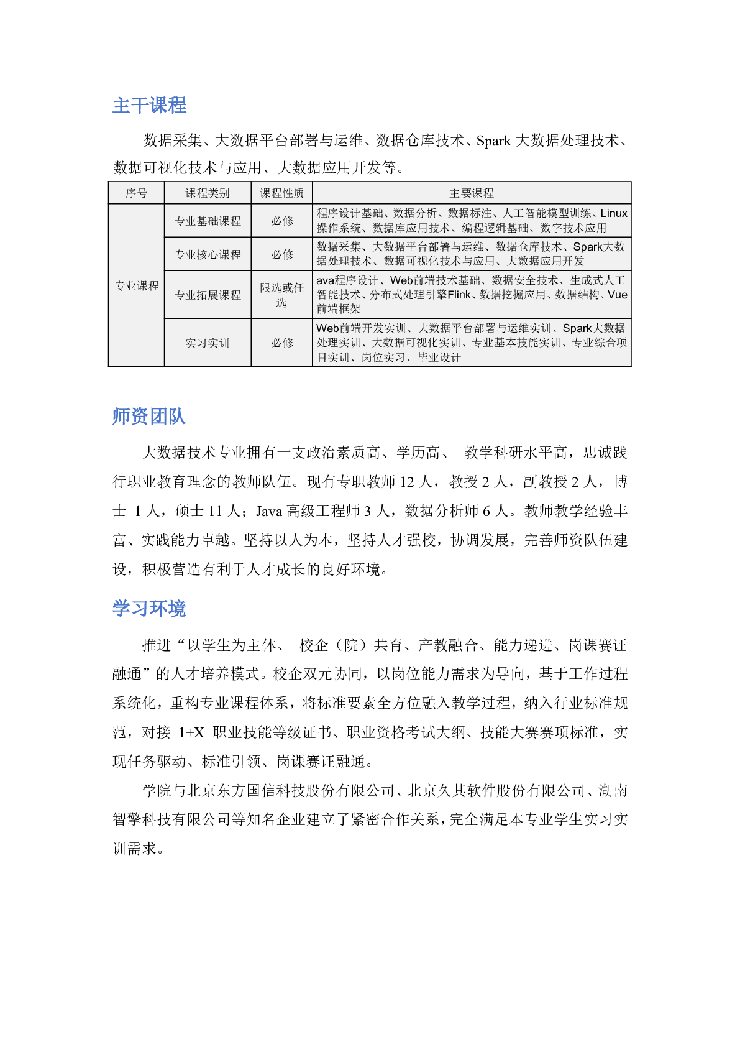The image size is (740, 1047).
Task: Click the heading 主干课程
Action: click(149, 105)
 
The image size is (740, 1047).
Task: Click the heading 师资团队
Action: click(149, 416)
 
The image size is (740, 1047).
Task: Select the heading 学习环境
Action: click(149, 608)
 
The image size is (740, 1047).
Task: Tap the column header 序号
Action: click(136, 193)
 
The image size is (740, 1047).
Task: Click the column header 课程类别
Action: click(208, 193)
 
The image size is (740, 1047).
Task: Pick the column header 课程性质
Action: click(281, 193)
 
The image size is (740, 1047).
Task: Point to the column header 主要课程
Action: click(472, 193)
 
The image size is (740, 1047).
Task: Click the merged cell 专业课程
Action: click(137, 286)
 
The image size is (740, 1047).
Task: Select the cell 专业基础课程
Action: click(208, 221)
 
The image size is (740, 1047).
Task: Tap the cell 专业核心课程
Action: click(208, 254)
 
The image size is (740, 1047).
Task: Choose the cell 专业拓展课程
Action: click(208, 295)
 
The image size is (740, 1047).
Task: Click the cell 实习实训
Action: click(208, 343)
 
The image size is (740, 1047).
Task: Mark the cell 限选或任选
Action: click(281, 295)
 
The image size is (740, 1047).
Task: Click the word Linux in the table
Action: click(614, 213)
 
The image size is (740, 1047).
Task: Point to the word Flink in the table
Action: click(459, 295)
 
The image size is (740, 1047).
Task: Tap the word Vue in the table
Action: click(618, 295)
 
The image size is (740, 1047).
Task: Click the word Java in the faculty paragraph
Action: click(269, 511)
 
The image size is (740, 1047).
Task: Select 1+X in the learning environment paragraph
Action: click(191, 732)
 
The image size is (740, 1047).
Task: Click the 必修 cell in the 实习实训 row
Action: click(281, 343)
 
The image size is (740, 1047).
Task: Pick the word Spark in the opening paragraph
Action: click(493, 141)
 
